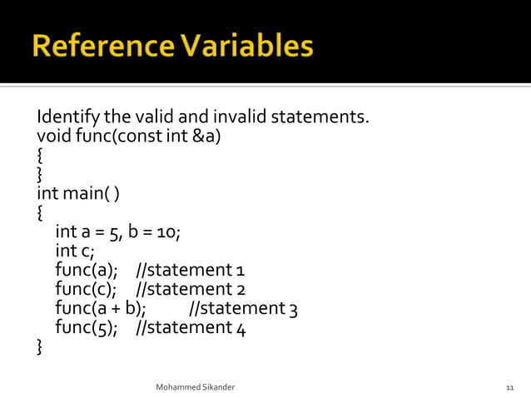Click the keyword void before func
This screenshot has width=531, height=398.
coord(52,135)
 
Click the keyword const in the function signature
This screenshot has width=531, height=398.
coord(142,135)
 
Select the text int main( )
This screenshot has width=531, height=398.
coord(78,193)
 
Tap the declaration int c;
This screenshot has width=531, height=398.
coord(75,251)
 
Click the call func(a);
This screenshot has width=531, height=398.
coord(87,270)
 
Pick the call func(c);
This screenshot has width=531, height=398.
coord(87,289)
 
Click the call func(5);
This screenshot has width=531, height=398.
coord(87,327)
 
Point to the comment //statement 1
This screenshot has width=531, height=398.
coord(190,270)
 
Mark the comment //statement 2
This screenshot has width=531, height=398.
coord(190,289)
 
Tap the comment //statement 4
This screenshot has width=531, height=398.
coord(190,327)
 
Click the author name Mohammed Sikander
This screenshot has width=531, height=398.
coord(201,388)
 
